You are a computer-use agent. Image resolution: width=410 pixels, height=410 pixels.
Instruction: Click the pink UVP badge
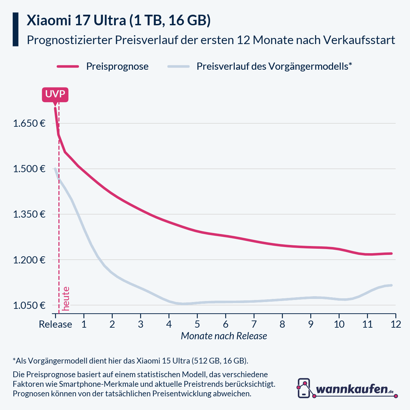[x=55, y=94]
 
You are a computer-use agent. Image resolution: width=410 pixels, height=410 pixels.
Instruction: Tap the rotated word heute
[x=66, y=299]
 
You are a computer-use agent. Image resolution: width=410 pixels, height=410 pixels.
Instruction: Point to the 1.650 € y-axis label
[x=29, y=123]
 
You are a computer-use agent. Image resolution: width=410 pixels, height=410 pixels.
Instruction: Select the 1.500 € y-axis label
[x=29, y=169]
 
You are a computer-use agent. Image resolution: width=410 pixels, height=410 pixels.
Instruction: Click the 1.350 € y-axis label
[x=29, y=214]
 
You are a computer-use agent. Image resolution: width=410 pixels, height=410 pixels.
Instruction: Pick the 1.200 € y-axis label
[x=29, y=260]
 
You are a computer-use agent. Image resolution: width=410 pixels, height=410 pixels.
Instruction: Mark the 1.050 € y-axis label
[x=29, y=305]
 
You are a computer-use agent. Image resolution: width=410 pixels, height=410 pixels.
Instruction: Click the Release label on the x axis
[x=55, y=324]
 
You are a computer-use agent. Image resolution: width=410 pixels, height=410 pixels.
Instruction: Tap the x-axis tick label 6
[x=225, y=324]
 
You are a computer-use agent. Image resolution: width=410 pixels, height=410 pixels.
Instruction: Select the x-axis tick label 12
[x=396, y=324]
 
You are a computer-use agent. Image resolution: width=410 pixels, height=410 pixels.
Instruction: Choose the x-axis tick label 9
[x=311, y=324]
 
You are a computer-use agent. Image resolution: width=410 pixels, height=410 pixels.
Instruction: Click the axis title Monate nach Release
[x=224, y=336]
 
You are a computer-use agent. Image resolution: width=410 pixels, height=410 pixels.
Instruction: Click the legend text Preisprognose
[x=117, y=66]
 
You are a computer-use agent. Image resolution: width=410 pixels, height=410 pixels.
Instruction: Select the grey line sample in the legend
[x=178, y=66]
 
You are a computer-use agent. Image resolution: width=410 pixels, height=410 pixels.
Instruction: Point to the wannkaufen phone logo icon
[x=304, y=388]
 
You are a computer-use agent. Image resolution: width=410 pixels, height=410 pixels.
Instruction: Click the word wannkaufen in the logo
[x=352, y=389]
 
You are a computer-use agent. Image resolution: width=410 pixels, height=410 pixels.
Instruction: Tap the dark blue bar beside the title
[x=15, y=29]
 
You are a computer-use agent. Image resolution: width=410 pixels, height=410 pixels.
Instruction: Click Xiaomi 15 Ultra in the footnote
[x=163, y=361]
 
